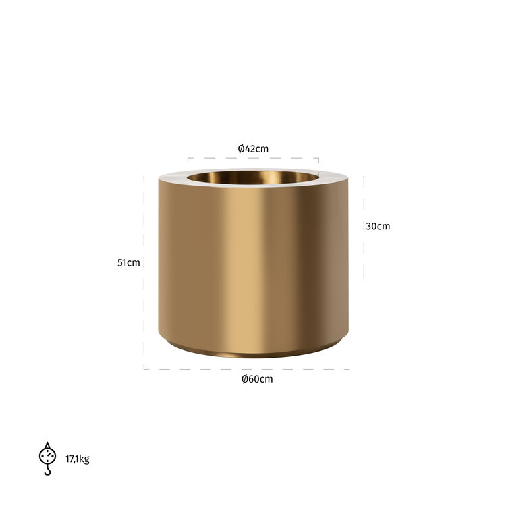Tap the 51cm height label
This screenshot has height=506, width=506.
128,262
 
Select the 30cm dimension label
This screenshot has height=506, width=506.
378,227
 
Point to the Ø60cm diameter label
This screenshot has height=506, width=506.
257,379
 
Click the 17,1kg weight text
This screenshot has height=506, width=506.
77,459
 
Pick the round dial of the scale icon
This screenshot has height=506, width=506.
47,455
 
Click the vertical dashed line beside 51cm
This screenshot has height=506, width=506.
144,270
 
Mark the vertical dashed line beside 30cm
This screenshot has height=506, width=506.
364,227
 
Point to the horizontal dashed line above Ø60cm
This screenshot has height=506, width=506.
247,369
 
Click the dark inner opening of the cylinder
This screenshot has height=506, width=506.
253,179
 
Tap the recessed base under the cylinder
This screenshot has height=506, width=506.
253,352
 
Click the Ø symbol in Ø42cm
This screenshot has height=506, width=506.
241,148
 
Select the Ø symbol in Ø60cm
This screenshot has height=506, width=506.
245,379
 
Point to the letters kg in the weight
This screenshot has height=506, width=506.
84,460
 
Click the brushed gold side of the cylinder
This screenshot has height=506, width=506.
253,263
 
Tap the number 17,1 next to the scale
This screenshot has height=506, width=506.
72,459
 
